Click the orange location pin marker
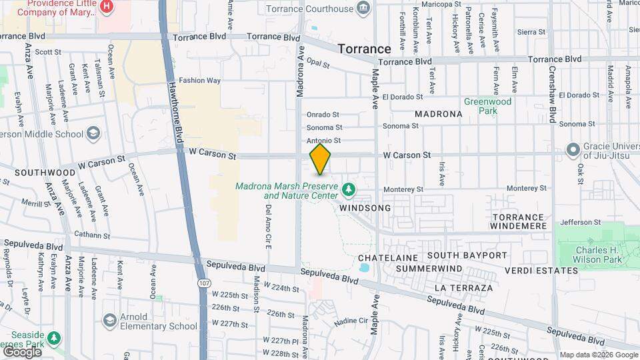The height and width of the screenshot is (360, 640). point(321,159)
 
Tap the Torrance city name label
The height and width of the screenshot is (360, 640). point(364,49)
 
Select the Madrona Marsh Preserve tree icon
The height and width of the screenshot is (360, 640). point(349,190)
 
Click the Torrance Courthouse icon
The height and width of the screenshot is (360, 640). point(364,8)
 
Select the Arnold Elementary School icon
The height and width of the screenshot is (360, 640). point(109,321)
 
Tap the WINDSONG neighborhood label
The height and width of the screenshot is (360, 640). point(365,208)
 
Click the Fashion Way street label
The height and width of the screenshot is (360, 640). point(199,81)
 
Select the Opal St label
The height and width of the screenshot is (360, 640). point(319,64)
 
